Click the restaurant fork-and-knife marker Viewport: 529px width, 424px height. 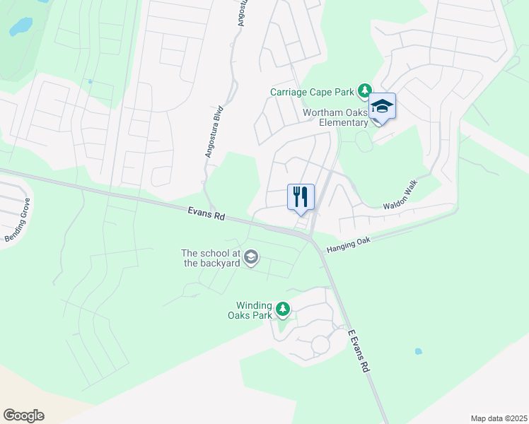(x=301, y=196)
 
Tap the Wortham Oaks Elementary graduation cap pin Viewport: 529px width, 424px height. (x=382, y=107)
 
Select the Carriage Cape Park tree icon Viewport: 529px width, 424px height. (x=364, y=91)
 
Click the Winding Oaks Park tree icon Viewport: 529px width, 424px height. (x=283, y=310)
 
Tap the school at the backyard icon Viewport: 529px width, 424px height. (x=250, y=259)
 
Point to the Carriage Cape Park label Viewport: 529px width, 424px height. (x=312, y=92)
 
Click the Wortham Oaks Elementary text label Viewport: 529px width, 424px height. (x=335, y=117)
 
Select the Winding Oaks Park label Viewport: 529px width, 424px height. (x=255, y=310)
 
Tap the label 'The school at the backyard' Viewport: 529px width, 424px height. (x=211, y=258)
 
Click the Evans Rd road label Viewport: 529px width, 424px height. (x=207, y=213)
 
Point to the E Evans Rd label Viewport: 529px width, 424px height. (x=360, y=351)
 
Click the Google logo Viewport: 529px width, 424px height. (x=23, y=416)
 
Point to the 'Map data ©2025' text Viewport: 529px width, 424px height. (x=498, y=418)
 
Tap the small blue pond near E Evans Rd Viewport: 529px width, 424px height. (x=418, y=351)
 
